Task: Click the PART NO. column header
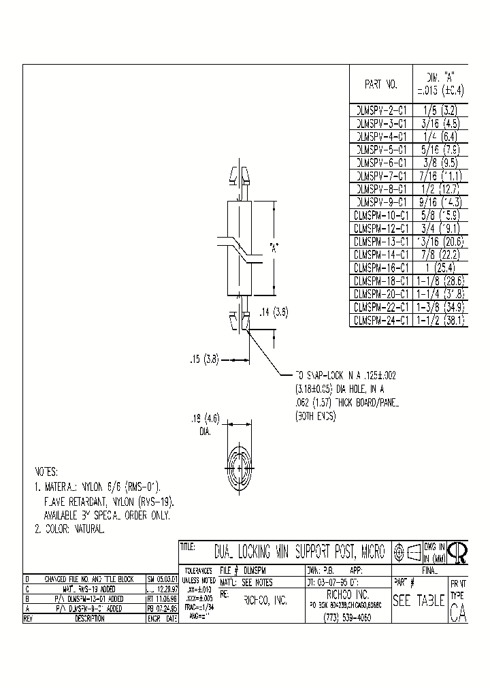pyautogui.click(x=380, y=84)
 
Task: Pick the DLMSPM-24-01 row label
pyautogui.click(x=380, y=317)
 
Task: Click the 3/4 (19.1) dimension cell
pyautogui.click(x=440, y=228)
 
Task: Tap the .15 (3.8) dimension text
pyautogui.click(x=204, y=359)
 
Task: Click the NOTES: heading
pyautogui.click(x=47, y=472)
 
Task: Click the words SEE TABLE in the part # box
pyautogui.click(x=419, y=600)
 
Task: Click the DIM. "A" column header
pyautogui.click(x=440, y=84)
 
